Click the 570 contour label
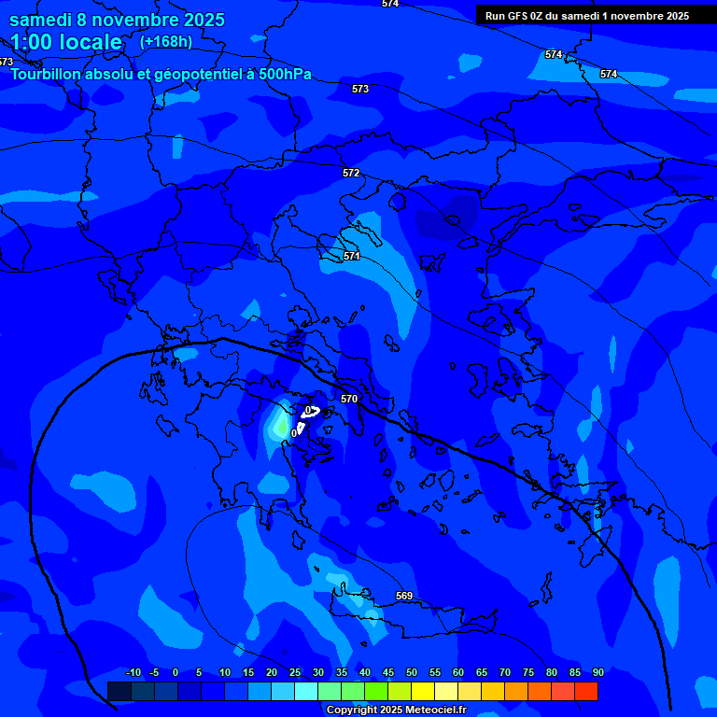click(349, 399)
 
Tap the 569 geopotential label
click(404, 596)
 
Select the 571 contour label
click(352, 256)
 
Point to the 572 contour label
click(351, 173)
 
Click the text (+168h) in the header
click(166, 41)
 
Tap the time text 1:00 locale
click(66, 42)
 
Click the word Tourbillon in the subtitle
click(50, 74)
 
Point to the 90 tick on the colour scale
click(597, 672)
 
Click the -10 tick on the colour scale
click(133, 672)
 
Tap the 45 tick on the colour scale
click(387, 672)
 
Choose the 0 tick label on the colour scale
click(176, 672)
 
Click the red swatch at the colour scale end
click(586, 691)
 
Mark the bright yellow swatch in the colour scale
click(422, 691)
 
